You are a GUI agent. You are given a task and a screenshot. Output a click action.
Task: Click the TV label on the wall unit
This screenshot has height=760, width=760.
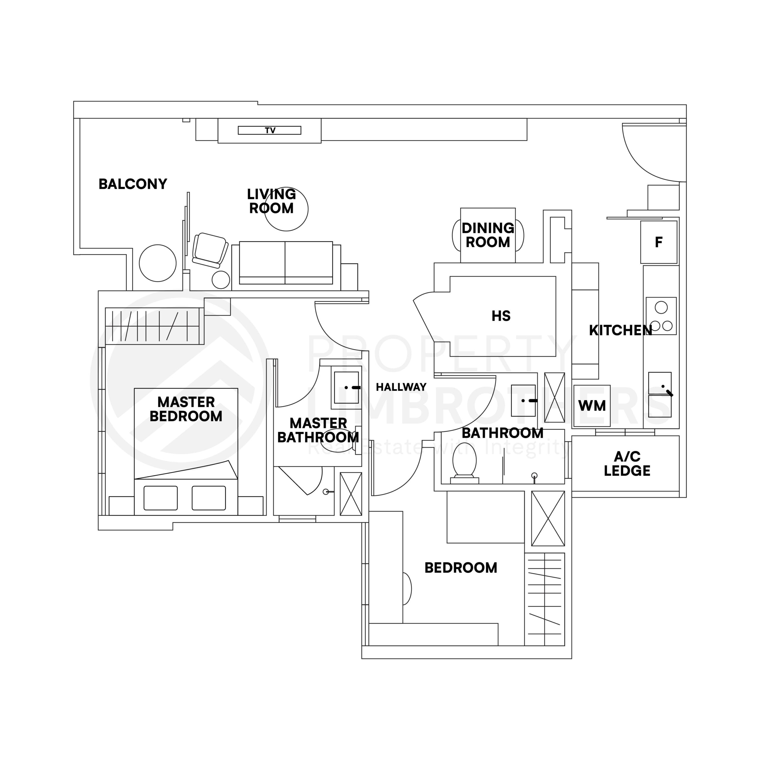pyautogui.click(x=270, y=131)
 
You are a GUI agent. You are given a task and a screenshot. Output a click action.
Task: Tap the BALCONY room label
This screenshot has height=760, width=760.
pyautogui.click(x=133, y=184)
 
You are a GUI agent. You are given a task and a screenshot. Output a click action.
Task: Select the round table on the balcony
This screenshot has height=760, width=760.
pyautogui.click(x=157, y=263)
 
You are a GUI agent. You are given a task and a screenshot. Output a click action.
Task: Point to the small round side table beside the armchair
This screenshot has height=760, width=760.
pyautogui.click(x=221, y=280)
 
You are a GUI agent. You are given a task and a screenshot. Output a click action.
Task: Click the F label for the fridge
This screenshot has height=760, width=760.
pyautogui.click(x=658, y=242)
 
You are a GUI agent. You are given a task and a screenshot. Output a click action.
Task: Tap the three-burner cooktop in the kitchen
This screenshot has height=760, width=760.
pyautogui.click(x=661, y=316)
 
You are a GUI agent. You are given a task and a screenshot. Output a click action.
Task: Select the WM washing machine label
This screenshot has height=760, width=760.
pyautogui.click(x=592, y=406)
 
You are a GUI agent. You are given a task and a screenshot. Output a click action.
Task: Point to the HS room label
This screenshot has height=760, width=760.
pyautogui.click(x=501, y=316)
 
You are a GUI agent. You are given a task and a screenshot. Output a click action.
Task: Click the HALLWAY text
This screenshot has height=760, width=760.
pyautogui.click(x=401, y=387)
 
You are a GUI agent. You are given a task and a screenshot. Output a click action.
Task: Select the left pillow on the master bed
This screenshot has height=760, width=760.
pyautogui.click(x=161, y=498)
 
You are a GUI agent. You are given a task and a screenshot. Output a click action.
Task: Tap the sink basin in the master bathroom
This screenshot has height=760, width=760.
pyautogui.click(x=346, y=387)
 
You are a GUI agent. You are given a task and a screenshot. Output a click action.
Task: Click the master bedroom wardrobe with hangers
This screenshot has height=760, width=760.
pyautogui.click(x=154, y=326)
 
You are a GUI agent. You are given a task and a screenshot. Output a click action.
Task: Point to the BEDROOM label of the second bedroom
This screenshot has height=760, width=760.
pyautogui.click(x=461, y=568)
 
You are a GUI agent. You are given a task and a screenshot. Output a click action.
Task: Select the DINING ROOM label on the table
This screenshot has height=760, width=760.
pyautogui.click(x=488, y=235)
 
